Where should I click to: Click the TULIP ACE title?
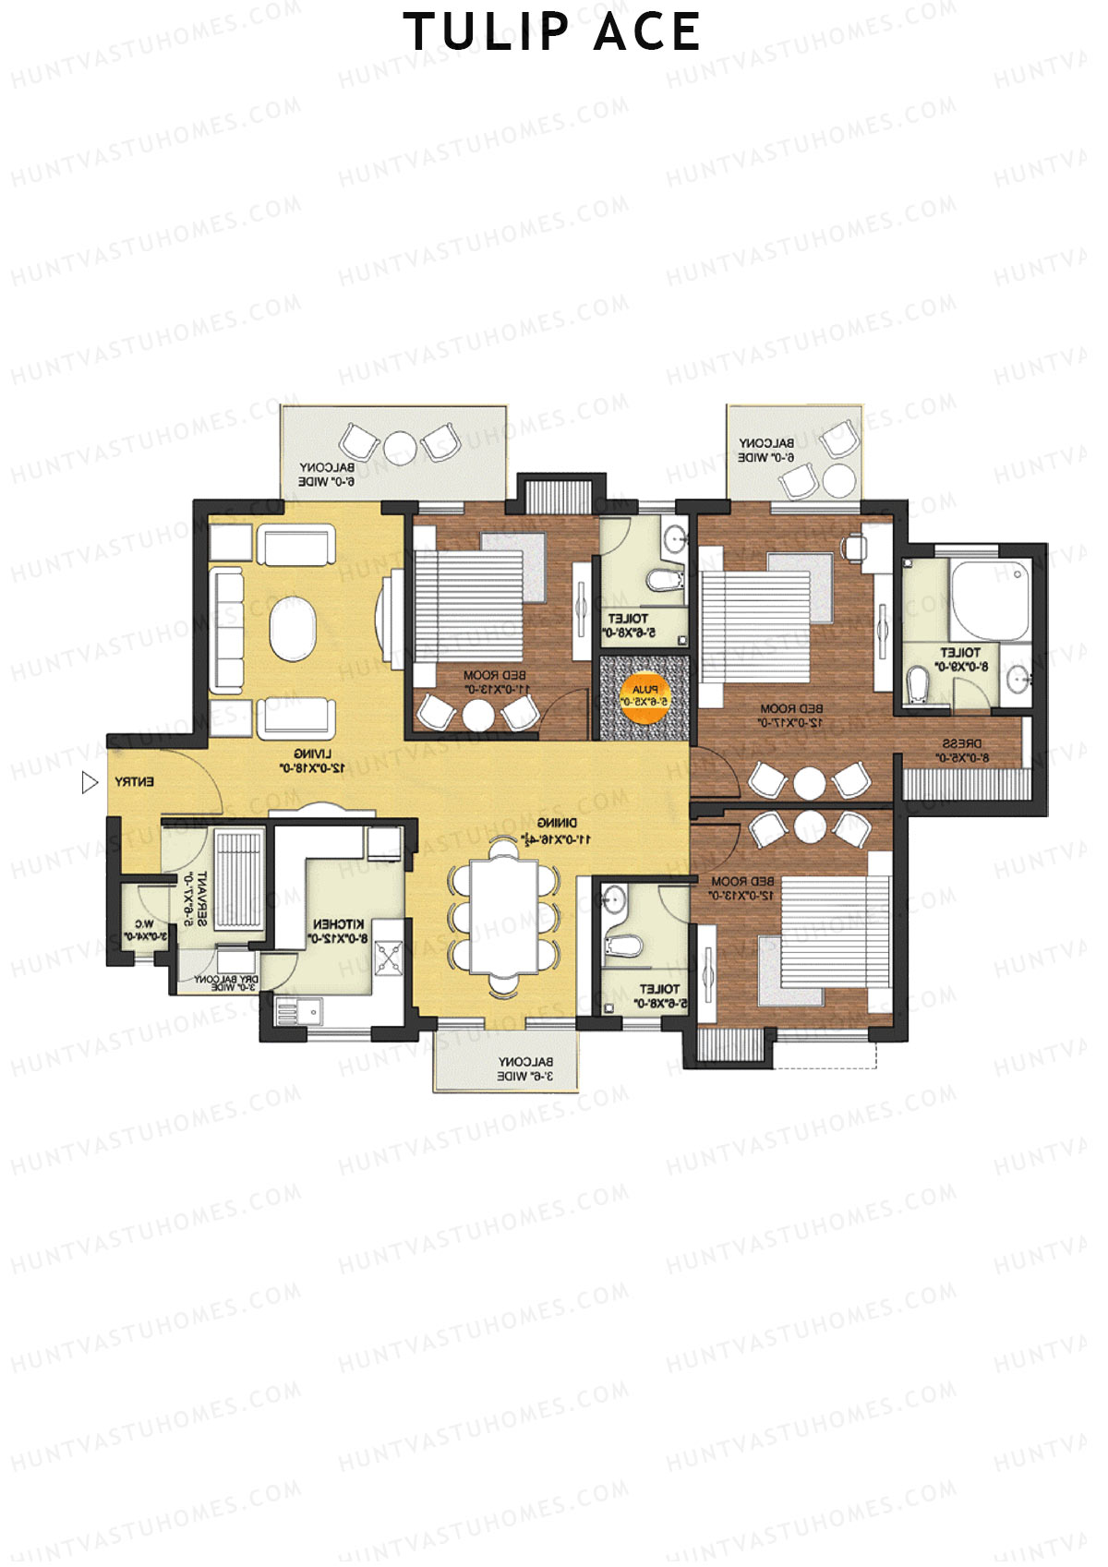coord(553,32)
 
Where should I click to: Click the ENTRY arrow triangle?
coord(89,783)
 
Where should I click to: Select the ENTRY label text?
coord(135,783)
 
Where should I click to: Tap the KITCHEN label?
coord(338,931)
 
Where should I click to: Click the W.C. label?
coord(145,930)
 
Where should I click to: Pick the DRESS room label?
coord(962,751)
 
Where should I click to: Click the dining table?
coord(504,916)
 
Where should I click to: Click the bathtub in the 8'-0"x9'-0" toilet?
coord(991,597)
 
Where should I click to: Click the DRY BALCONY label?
coord(226,983)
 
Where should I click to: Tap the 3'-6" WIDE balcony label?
coord(525,1069)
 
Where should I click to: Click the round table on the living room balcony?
coord(400,447)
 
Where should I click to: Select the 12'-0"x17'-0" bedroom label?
coord(791,716)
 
